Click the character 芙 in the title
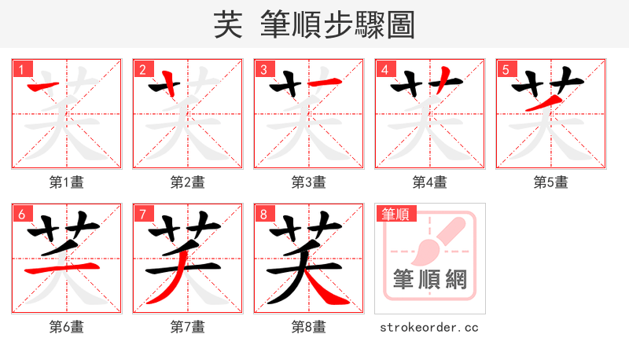(227, 24)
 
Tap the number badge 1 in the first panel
(20, 69)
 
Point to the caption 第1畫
(67, 182)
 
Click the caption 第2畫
(188, 182)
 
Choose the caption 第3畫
(309, 182)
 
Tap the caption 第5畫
(551, 182)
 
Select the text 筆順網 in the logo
(430, 280)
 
